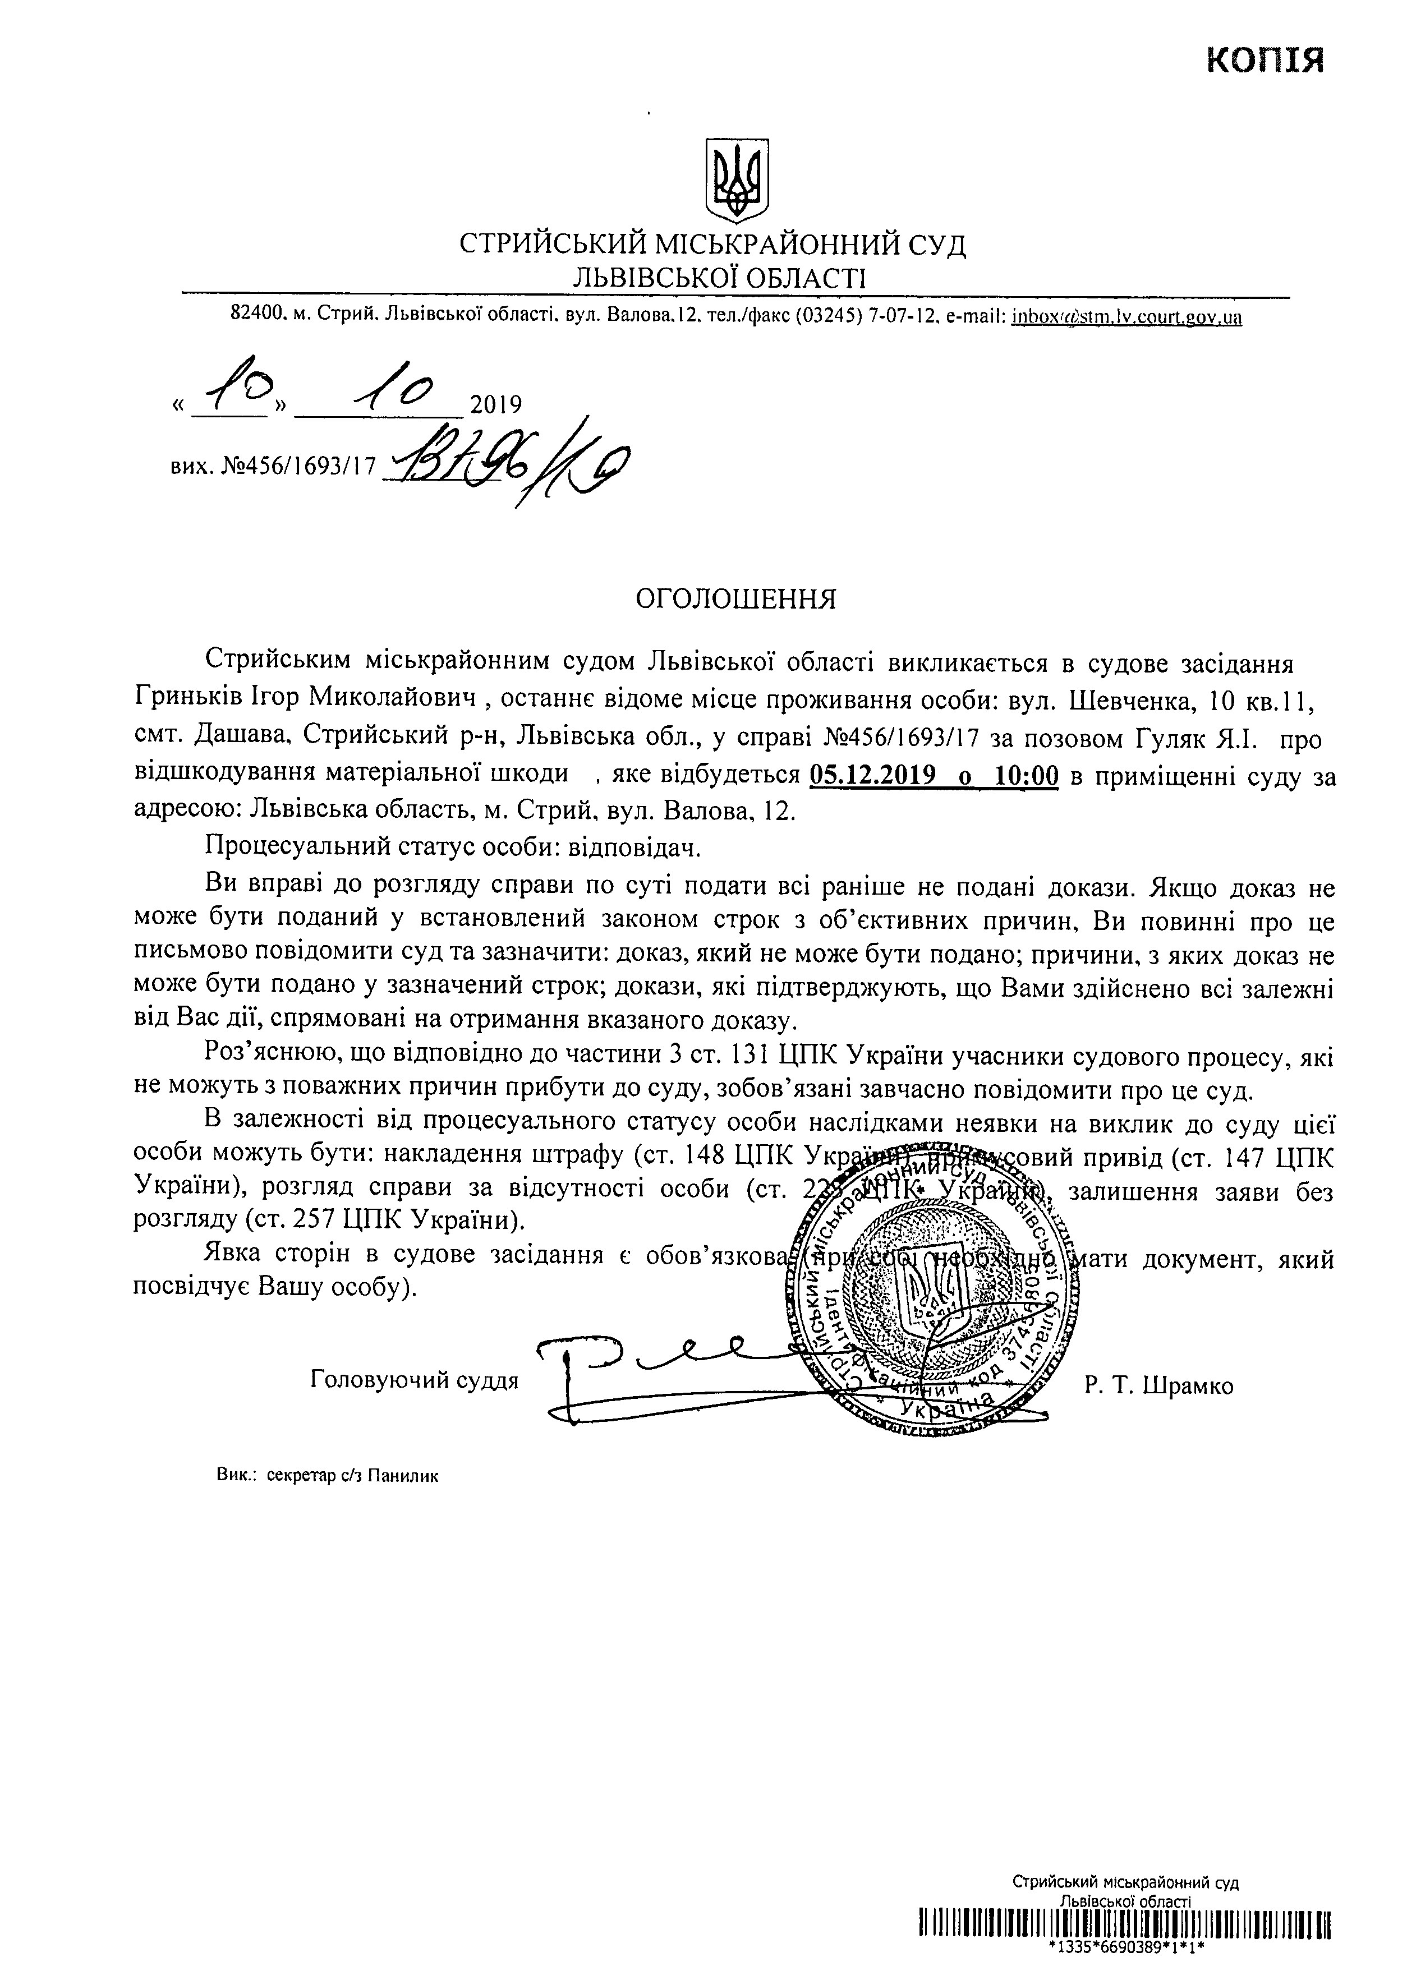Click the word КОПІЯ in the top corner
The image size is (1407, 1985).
[x=1266, y=61]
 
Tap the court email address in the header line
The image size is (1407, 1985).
[x=1126, y=317]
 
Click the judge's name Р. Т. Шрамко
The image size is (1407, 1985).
[x=1157, y=1387]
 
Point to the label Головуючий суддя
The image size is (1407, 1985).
[x=414, y=1380]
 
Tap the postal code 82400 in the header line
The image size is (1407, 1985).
[x=258, y=317]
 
